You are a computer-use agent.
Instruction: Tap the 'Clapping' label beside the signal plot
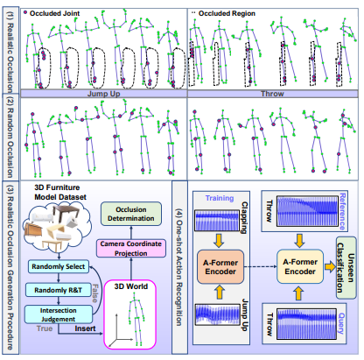[253, 209]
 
